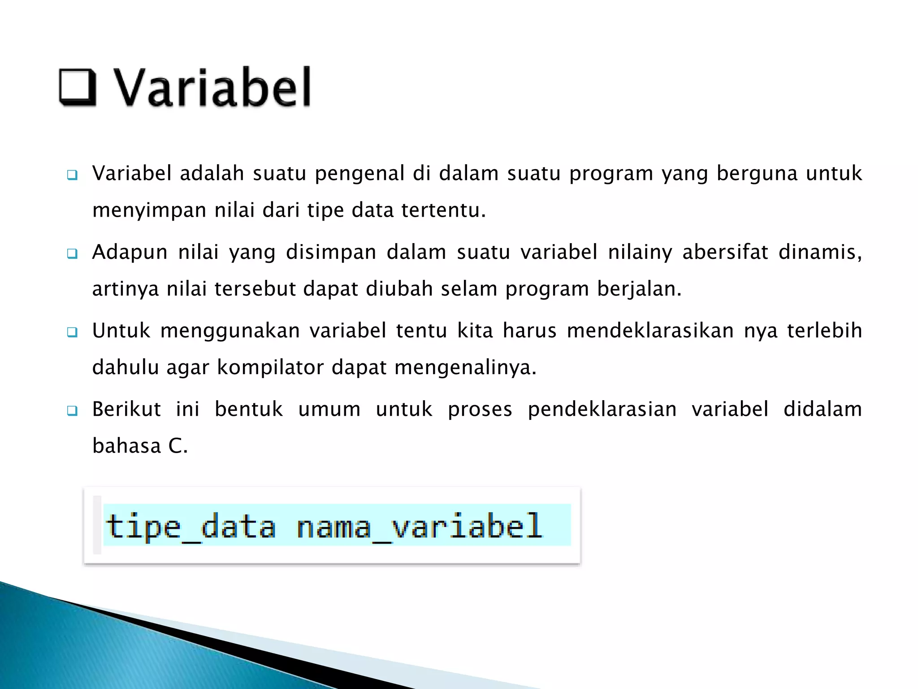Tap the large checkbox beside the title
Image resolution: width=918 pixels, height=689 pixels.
point(78,87)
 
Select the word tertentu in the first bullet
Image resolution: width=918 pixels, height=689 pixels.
point(443,210)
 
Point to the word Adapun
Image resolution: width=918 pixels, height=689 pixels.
point(130,253)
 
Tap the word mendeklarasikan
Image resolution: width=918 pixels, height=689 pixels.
point(650,331)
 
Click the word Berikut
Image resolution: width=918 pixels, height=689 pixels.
point(126,410)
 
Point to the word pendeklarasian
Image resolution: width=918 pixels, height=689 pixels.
point(602,410)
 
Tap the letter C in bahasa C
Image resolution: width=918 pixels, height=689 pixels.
point(175,446)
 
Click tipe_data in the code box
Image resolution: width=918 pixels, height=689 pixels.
point(191,526)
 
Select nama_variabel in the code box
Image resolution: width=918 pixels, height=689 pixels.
point(420,526)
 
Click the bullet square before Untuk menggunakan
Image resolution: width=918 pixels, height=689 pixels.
point(72,332)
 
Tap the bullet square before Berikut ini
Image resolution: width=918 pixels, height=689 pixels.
point(72,410)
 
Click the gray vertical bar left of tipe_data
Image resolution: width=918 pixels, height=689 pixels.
point(97,524)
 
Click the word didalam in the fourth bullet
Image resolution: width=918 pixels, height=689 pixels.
point(823,410)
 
